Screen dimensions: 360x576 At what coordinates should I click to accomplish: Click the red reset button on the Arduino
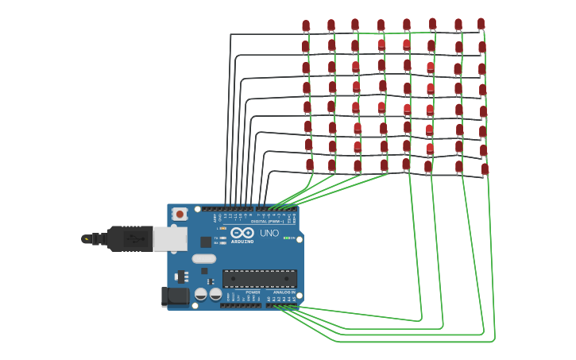click(180, 213)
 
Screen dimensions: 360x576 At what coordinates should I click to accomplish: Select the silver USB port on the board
click(170, 238)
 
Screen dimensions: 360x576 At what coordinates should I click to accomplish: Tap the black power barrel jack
click(176, 296)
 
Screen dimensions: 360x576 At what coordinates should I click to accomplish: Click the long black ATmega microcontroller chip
click(259, 279)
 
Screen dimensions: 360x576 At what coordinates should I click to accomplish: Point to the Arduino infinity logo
click(242, 233)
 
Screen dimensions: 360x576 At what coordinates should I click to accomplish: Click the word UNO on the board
click(269, 233)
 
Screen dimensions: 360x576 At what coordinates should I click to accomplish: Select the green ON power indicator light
click(287, 238)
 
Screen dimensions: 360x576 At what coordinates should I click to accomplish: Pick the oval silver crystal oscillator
click(203, 258)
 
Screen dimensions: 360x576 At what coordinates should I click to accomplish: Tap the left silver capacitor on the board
click(201, 294)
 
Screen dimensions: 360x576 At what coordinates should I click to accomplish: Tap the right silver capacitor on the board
click(215, 294)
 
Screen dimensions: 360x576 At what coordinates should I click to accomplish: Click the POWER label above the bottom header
click(253, 292)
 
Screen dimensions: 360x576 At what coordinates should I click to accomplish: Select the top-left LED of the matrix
click(306, 26)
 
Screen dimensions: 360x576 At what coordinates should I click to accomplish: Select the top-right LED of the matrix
click(481, 25)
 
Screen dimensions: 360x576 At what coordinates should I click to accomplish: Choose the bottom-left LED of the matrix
click(310, 165)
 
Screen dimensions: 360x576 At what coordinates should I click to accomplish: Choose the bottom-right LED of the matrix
click(485, 169)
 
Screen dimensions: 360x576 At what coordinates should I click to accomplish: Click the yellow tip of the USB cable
click(86, 238)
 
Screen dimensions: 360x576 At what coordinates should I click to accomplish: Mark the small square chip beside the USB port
click(206, 242)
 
